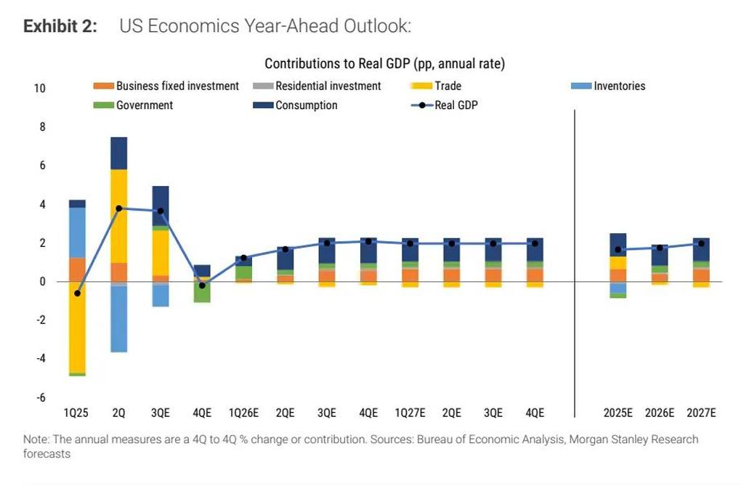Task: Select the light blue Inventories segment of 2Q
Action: pyautogui.click(x=118, y=319)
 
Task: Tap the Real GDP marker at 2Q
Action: pyautogui.click(x=118, y=208)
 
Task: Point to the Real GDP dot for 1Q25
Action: pyautogui.click(x=77, y=293)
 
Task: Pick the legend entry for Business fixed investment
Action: pyautogui.click(x=167, y=86)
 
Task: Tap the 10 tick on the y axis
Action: pyautogui.click(x=39, y=89)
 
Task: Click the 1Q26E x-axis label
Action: pyautogui.click(x=243, y=413)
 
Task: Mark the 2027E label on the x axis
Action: pyautogui.click(x=701, y=413)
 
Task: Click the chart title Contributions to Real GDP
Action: pyautogui.click(x=384, y=64)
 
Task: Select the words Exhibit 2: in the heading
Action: pyautogui.click(x=60, y=27)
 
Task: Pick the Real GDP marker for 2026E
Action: pyautogui.click(x=660, y=248)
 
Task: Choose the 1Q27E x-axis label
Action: pyautogui.click(x=410, y=413)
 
